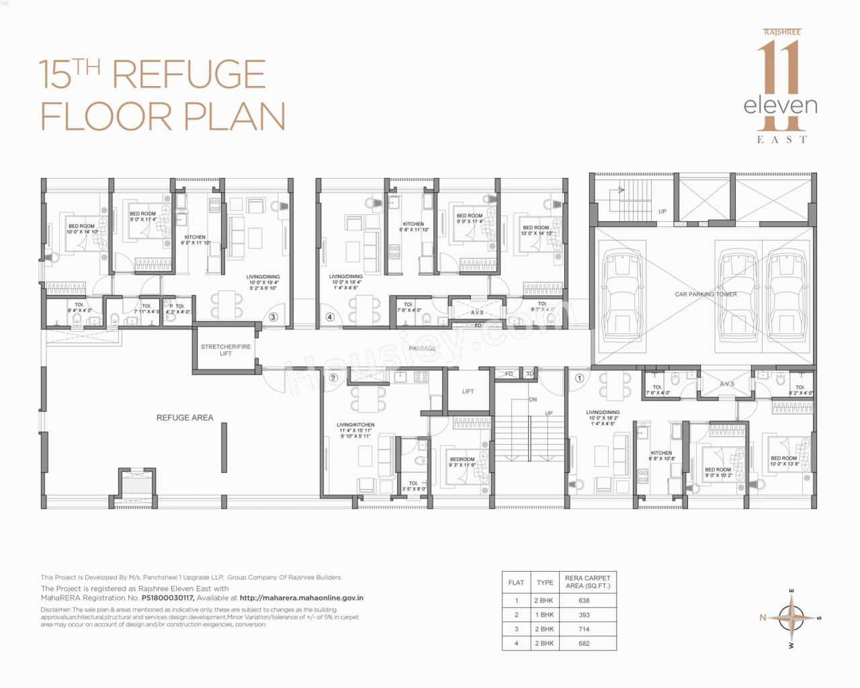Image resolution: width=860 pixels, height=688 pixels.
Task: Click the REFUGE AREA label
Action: [x=184, y=417]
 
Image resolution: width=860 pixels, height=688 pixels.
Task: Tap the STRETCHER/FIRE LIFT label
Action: [x=226, y=350]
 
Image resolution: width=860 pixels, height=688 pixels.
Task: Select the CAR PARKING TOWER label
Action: [x=705, y=294]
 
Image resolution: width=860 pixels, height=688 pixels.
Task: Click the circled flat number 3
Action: [x=273, y=317]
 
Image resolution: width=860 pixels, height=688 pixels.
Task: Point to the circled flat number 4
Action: [x=329, y=317]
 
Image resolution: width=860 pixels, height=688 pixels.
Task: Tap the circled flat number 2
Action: [x=333, y=378]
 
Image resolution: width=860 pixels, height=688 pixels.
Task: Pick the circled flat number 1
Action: [x=579, y=378]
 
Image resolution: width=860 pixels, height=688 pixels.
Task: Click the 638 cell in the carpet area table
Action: [x=583, y=601]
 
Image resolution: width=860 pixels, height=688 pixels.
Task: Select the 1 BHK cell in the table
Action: [x=544, y=615]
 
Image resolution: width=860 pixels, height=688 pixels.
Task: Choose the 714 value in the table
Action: [x=583, y=630]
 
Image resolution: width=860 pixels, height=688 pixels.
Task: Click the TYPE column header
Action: [x=545, y=583]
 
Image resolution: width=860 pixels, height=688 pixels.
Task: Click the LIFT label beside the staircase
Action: [x=468, y=391]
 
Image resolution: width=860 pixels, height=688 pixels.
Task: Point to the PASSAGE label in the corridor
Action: [x=422, y=348]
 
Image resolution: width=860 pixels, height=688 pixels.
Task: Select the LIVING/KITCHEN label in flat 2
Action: [x=355, y=425]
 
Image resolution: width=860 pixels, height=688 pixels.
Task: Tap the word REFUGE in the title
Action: [x=189, y=75]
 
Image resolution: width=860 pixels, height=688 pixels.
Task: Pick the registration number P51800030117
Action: [x=167, y=597]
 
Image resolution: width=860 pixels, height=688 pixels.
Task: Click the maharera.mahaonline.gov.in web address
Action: [x=302, y=597]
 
